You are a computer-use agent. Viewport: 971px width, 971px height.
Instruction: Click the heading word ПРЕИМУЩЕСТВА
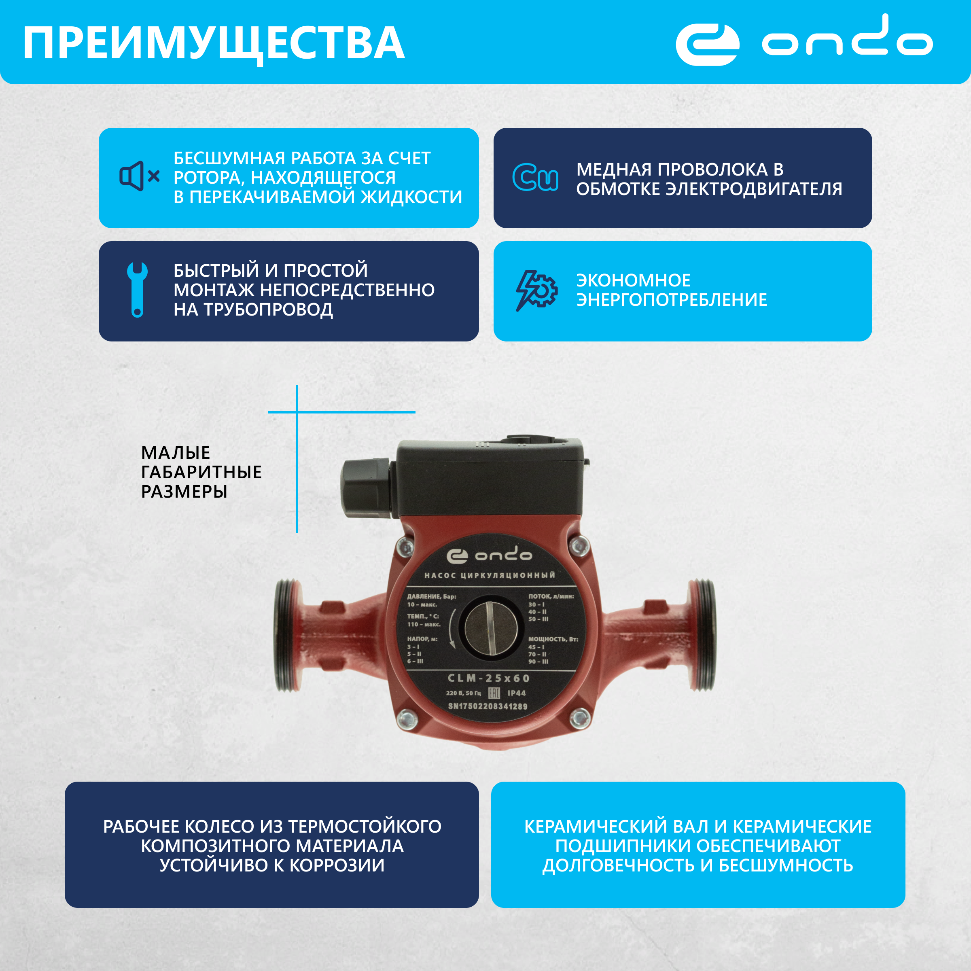pyautogui.click(x=214, y=43)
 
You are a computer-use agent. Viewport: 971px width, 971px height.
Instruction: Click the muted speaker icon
pyautogui.click(x=139, y=176)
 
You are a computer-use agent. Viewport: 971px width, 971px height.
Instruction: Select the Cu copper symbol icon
pyautogui.click(x=535, y=178)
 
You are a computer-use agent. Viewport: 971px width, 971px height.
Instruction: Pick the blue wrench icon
pyautogui.click(x=137, y=290)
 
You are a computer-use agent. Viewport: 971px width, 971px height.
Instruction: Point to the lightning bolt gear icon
pyautogui.click(x=536, y=290)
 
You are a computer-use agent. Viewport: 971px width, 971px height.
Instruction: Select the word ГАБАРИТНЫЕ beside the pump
pyautogui.click(x=201, y=472)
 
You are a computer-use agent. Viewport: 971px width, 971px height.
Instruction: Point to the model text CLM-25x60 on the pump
pyautogui.click(x=488, y=678)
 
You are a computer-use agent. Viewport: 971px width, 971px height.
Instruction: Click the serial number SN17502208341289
pyautogui.click(x=488, y=706)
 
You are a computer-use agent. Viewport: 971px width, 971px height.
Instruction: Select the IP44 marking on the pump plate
pyautogui.click(x=516, y=693)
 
